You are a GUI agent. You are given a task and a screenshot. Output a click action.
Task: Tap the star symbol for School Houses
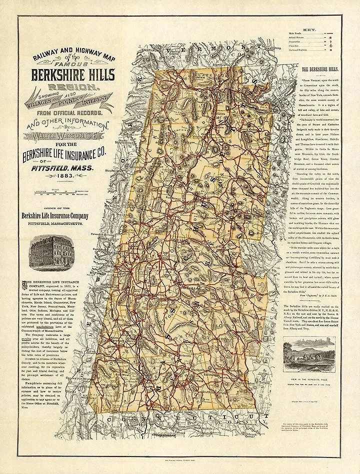(331, 38)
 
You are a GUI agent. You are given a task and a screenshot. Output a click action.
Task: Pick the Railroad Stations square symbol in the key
(331, 50)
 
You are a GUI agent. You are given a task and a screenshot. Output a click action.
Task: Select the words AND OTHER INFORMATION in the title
(70, 123)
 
